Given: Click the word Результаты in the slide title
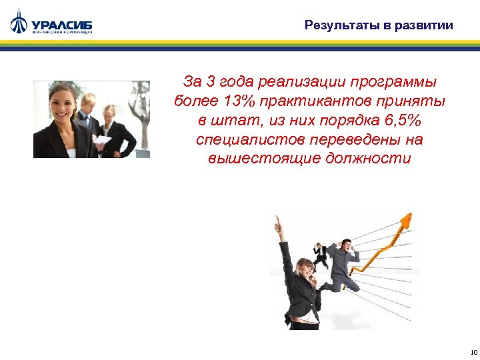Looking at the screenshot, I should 339,26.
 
